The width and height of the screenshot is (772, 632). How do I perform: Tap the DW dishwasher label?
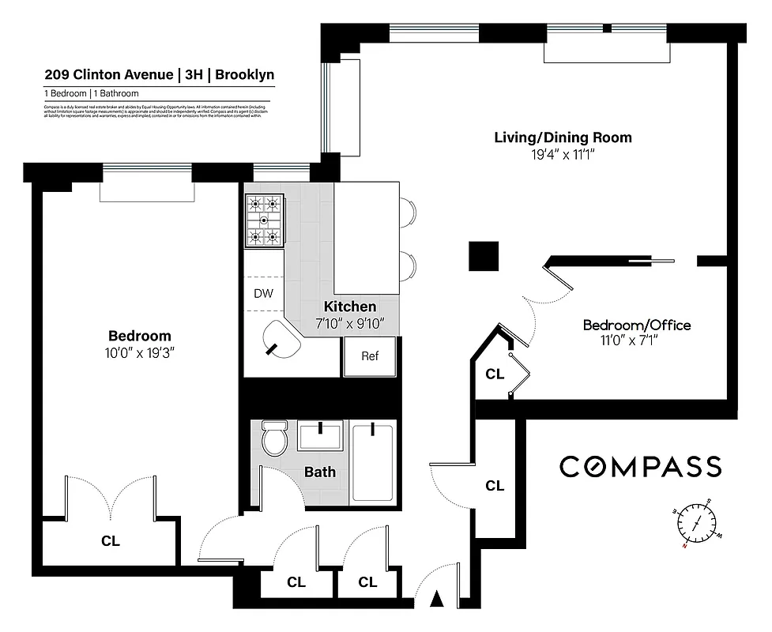[263, 294]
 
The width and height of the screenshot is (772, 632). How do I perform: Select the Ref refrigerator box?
[370, 356]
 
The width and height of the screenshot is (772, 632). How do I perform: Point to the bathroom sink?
[320, 437]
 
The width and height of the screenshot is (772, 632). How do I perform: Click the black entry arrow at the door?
[436, 600]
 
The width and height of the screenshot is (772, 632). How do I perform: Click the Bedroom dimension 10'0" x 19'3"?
[140, 352]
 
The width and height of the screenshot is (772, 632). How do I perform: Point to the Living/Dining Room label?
[563, 137]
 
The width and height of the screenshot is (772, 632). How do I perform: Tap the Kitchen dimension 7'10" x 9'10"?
[350, 322]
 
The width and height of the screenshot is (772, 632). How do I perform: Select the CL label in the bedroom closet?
[111, 541]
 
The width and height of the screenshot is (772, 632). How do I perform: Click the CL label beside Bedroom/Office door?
[495, 374]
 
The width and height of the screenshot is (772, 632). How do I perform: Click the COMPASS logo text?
[640, 467]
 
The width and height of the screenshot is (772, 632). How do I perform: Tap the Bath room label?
[320, 472]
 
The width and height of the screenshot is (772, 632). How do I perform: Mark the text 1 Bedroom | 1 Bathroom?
[91, 93]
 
